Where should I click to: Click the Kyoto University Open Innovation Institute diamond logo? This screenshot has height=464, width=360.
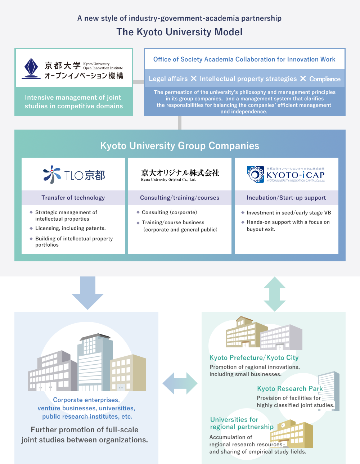(x=31, y=68)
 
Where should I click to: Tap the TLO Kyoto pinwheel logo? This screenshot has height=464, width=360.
(x=52, y=175)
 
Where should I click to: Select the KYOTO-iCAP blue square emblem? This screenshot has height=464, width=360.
(x=255, y=175)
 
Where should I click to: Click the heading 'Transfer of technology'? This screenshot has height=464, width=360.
(x=73, y=198)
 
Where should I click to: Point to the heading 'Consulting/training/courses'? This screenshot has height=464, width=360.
(x=180, y=198)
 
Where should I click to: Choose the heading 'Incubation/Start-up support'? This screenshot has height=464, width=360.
(x=286, y=198)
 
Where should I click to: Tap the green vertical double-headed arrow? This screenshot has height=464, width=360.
(x=275, y=294)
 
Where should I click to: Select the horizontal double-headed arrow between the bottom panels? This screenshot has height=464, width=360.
(x=180, y=383)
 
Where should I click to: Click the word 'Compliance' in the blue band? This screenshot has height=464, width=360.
(x=325, y=79)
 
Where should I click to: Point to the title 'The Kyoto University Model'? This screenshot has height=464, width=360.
(x=179, y=32)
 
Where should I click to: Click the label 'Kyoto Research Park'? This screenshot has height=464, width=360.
(x=290, y=388)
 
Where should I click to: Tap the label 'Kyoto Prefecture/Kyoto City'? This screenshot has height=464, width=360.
(x=254, y=358)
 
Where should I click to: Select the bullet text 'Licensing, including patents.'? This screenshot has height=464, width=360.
(x=71, y=228)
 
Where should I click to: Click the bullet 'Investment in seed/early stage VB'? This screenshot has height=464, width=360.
(x=289, y=213)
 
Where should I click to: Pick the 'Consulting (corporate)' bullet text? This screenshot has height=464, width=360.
(x=169, y=212)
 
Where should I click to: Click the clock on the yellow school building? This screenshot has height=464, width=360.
(x=283, y=425)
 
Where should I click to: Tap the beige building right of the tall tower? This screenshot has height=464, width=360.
(x=128, y=373)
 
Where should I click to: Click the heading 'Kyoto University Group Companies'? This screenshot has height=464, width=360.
(x=180, y=146)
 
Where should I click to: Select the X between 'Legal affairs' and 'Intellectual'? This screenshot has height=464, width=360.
(x=194, y=78)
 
